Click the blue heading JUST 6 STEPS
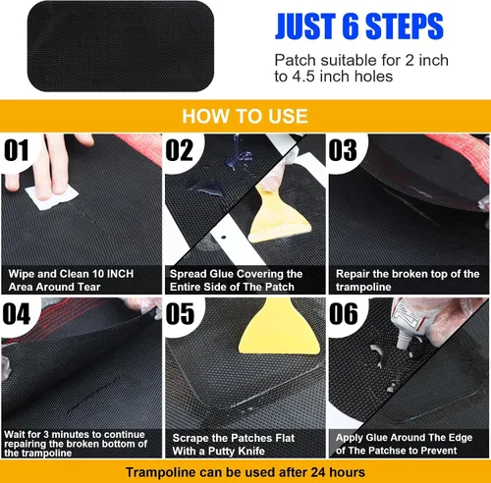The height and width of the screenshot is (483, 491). click(x=359, y=27)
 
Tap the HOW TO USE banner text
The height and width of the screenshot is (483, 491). click(x=245, y=116)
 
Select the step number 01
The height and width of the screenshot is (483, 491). click(x=17, y=150)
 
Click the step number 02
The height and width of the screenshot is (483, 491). click(x=180, y=150)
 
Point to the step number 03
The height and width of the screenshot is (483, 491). click(x=343, y=150)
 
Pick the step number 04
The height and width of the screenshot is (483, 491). click(x=17, y=313)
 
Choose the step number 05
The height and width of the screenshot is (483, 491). click(x=180, y=313)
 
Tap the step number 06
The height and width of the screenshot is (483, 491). click(x=344, y=313)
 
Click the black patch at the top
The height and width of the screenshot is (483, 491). click(x=121, y=46)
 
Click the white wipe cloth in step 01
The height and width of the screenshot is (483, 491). click(x=52, y=197)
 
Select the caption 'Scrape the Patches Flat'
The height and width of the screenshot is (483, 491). click(x=234, y=438)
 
